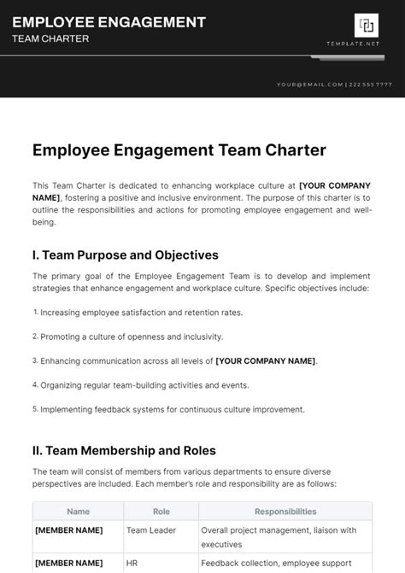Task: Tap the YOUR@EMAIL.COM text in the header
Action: (309, 85)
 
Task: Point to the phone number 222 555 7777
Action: (372, 85)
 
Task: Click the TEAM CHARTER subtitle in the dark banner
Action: (50, 39)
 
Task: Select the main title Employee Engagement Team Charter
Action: (179, 150)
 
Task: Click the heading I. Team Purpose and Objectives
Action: (126, 255)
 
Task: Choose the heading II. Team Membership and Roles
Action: (124, 450)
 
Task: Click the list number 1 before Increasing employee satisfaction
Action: (36, 313)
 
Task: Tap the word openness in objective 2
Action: (129, 336)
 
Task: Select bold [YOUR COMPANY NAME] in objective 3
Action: (266, 361)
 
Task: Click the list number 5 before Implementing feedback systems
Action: (36, 409)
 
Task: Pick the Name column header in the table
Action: (78, 512)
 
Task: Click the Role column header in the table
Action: (161, 512)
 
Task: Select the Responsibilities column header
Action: (285, 512)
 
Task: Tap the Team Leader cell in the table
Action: (150, 530)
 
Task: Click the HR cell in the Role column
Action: (132, 564)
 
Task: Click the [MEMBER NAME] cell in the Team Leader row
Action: (68, 530)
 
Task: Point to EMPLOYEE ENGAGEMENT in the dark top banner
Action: (109, 22)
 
